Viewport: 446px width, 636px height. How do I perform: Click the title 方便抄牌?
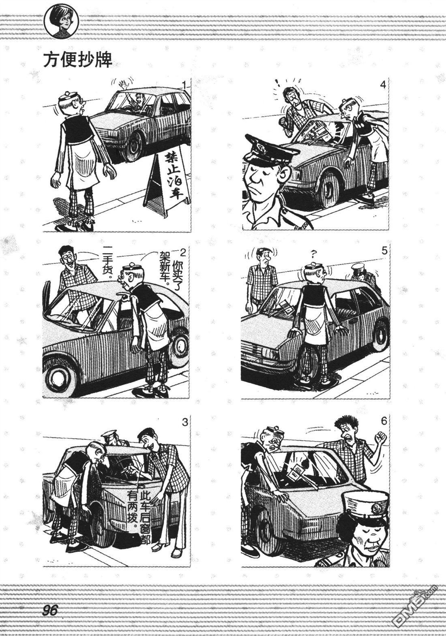pos(77,60)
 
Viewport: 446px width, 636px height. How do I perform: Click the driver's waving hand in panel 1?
pos(123,84)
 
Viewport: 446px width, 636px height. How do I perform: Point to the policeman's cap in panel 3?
pos(109,434)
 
